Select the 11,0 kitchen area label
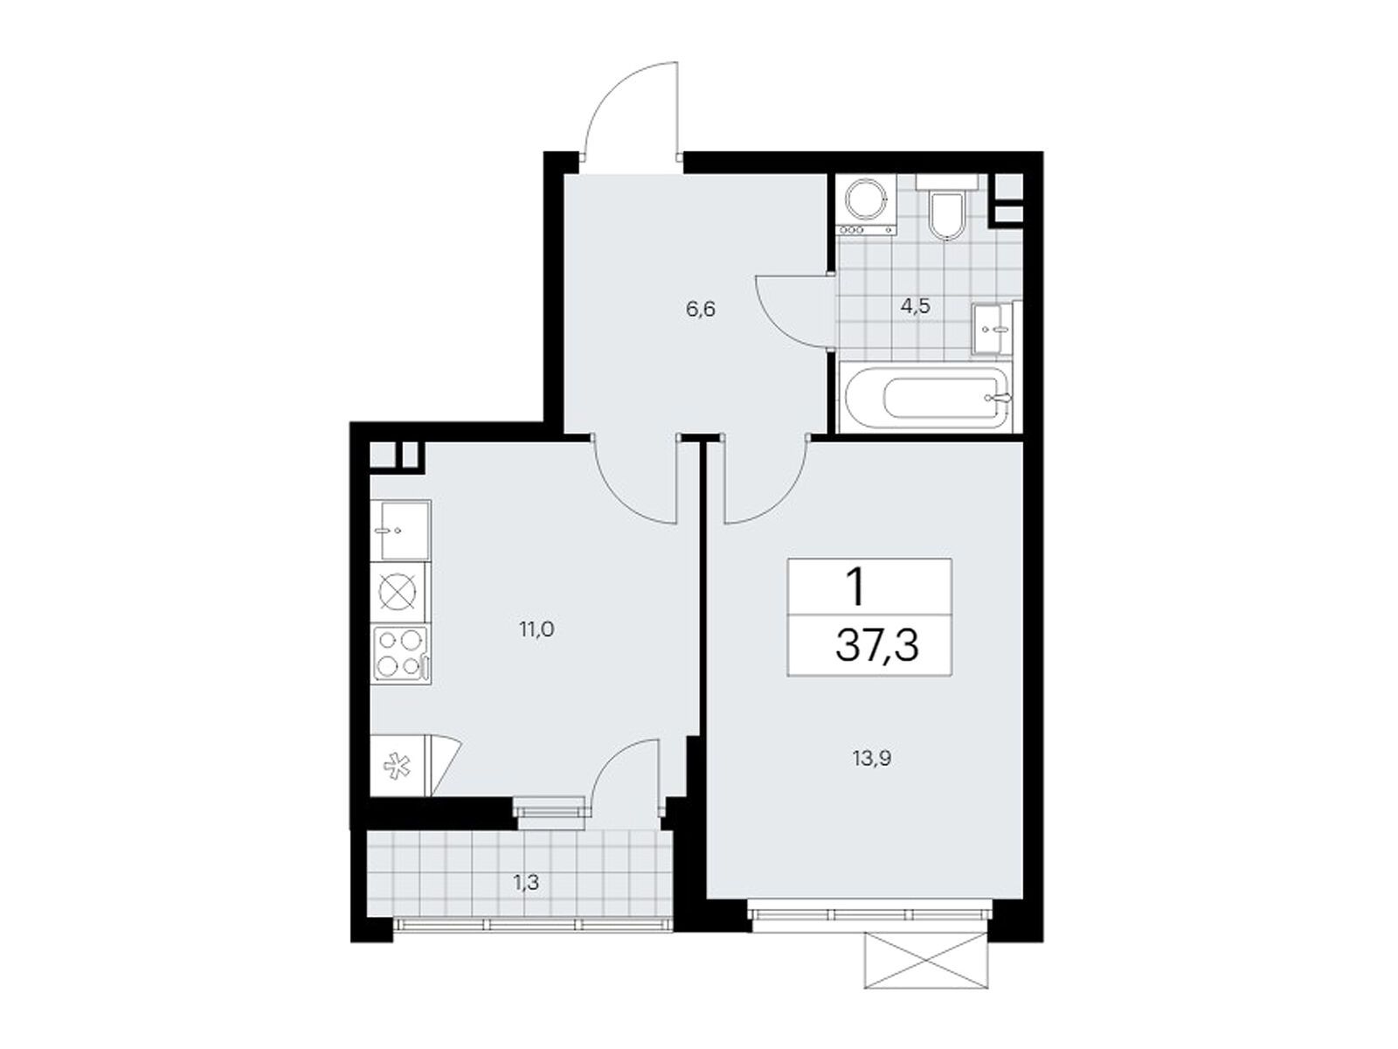tap(536, 630)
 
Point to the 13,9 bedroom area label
tap(872, 758)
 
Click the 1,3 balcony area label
tap(526, 883)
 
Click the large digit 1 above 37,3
tap(856, 588)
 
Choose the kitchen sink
tap(400, 530)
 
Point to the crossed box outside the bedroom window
tap(927, 961)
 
